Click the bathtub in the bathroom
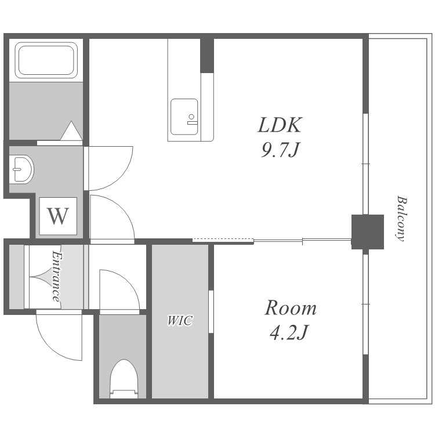(46, 60)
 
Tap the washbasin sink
(21, 169)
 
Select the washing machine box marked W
(58, 216)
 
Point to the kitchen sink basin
(184, 117)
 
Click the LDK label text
(280, 125)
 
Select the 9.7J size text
(280, 150)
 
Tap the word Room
(291, 307)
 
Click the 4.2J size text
(288, 332)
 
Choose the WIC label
(180, 320)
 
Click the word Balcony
(401, 219)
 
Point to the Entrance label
(56, 276)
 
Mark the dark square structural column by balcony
(368, 231)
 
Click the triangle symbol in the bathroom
(71, 130)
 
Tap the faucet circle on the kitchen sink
(191, 117)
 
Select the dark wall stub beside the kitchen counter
(207, 56)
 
